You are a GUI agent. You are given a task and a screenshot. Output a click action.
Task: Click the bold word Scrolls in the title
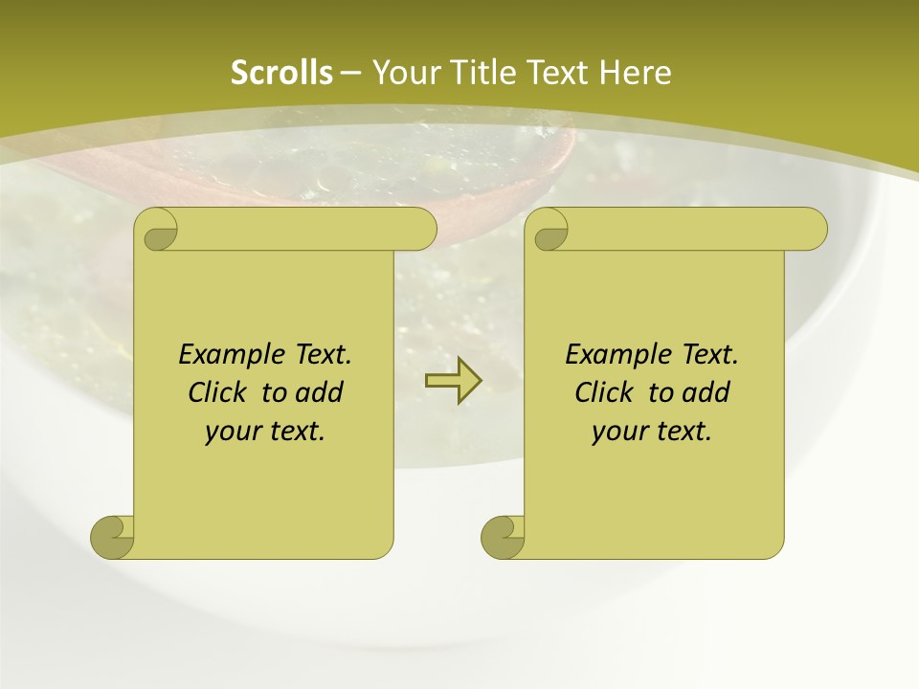(281, 73)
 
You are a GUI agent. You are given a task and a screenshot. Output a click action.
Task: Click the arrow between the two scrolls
(453, 380)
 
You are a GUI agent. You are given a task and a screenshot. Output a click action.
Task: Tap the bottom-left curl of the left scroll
(113, 537)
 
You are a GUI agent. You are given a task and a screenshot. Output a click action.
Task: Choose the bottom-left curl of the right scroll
(504, 537)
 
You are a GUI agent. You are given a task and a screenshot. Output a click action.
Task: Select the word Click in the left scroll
(216, 392)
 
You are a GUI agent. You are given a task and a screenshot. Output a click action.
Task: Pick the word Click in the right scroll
(603, 392)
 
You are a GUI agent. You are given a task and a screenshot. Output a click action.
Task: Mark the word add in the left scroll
(319, 392)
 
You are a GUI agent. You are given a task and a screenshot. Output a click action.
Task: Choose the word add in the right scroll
(706, 392)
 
